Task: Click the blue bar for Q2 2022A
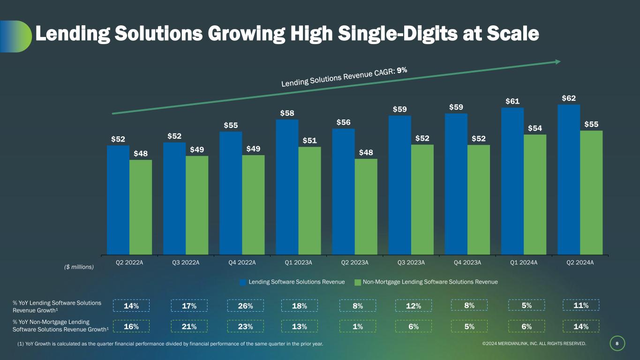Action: [118, 200]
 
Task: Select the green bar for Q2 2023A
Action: [366, 207]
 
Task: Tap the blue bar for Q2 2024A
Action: [568, 180]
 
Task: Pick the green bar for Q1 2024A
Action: [535, 195]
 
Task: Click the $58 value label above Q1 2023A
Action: [287, 113]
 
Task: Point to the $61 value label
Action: [512, 101]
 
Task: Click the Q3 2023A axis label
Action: [411, 262]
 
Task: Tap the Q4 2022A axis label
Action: [242, 262]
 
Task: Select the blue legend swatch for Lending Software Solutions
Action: [243, 282]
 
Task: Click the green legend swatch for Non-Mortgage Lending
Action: [358, 282]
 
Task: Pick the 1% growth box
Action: [357, 326]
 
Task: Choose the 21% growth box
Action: [188, 326]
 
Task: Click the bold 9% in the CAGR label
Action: [402, 70]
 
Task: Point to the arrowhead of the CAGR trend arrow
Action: [558, 61]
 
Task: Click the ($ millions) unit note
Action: [79, 267]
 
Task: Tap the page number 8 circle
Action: [617, 344]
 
